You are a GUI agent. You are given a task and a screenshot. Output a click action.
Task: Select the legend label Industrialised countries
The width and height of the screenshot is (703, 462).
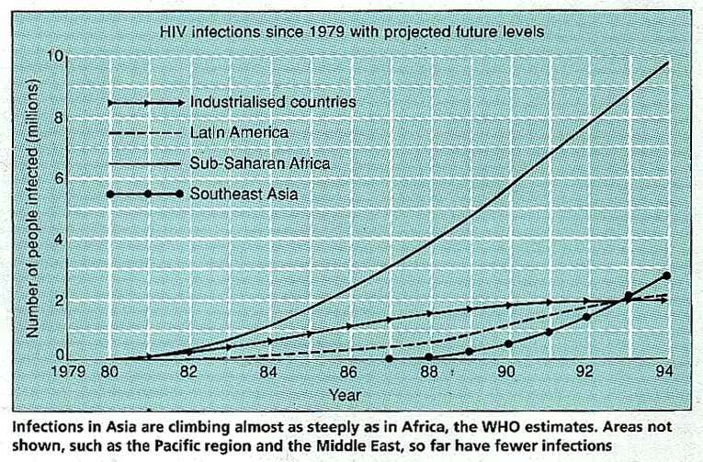(x=272, y=102)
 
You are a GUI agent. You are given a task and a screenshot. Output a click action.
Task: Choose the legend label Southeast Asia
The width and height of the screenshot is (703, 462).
(x=246, y=194)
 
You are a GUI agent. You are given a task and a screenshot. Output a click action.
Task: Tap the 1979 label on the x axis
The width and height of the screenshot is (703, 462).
(x=68, y=375)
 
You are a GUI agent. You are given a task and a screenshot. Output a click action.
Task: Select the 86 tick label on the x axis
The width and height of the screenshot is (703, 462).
(x=347, y=375)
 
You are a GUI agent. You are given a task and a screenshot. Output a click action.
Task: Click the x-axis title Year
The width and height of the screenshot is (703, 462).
(x=346, y=395)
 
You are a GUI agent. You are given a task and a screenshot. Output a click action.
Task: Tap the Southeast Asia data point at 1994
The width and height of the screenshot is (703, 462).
(x=666, y=276)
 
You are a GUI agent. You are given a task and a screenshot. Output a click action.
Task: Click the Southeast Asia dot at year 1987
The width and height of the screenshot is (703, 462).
(x=389, y=358)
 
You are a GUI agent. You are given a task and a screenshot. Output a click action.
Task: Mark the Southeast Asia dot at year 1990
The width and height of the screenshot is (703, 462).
(x=508, y=344)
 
